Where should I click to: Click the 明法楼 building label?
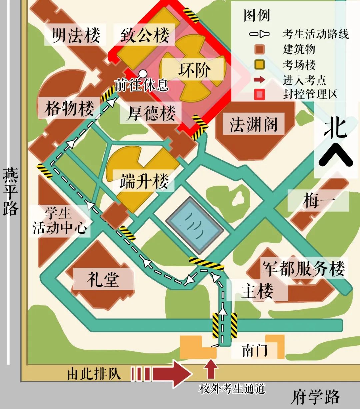click(x=76, y=35)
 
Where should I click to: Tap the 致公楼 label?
click(x=145, y=35)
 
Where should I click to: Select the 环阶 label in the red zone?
click(x=194, y=70)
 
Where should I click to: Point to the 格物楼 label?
click(x=69, y=108)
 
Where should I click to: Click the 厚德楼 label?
click(x=151, y=113)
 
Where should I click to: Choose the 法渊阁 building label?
click(x=253, y=124)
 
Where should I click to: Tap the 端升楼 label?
click(x=144, y=182)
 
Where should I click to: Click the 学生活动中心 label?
click(x=59, y=221)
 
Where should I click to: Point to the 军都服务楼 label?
click(x=303, y=268)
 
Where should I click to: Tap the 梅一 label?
click(x=318, y=201)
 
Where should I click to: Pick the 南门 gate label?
click(x=255, y=351)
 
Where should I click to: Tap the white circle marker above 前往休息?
click(x=143, y=73)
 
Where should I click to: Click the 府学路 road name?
click(x=315, y=397)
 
